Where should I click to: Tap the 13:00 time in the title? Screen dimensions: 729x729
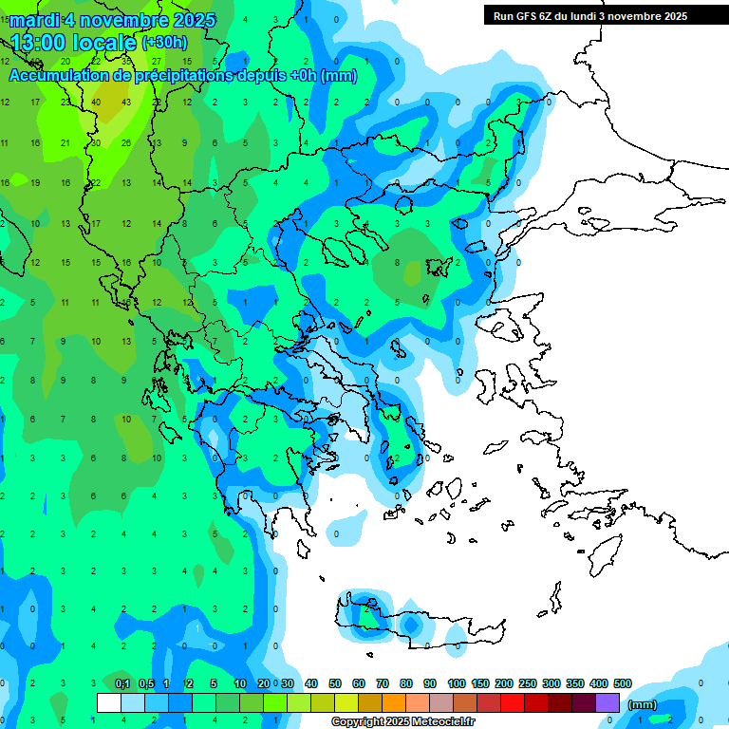pos(42,42)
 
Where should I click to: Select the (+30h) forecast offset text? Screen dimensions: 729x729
pos(164,43)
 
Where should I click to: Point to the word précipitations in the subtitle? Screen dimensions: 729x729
pos(181,76)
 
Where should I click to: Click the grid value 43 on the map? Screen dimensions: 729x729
pos(126,103)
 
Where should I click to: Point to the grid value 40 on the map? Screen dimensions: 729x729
pos(96,103)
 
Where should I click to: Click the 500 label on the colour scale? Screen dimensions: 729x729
pos(623,683)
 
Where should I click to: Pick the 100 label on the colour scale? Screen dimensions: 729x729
pos(456,683)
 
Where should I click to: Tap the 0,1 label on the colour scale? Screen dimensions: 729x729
pos(121,683)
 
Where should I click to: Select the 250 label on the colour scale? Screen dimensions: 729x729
pos(527,683)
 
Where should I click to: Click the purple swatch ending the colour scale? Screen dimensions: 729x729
pos(607,702)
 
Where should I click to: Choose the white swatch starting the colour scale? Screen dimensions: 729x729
pos(109,702)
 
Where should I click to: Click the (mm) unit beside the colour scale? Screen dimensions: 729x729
pos(642,704)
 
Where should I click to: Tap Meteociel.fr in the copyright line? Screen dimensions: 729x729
pos(443,722)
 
